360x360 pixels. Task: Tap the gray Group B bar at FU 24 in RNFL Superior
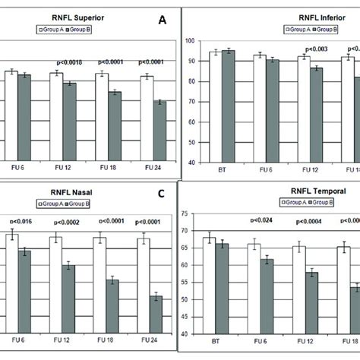click(x=159, y=131)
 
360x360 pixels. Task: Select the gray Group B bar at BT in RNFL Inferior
click(x=227, y=106)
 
